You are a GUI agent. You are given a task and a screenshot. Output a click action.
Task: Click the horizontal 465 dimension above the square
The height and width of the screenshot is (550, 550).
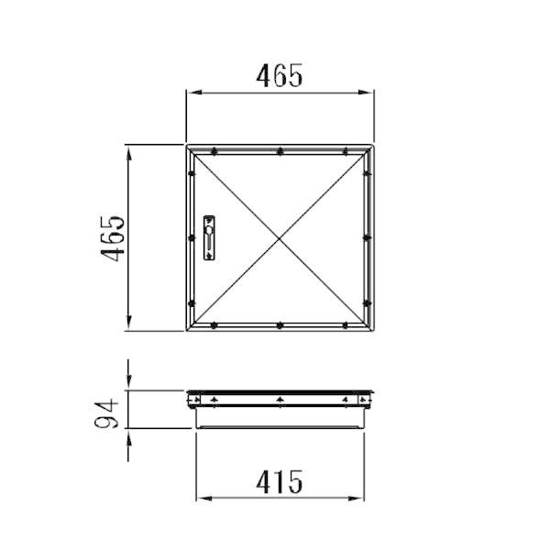click(280, 75)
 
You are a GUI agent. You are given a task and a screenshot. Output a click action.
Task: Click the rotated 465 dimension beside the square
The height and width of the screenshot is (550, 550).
click(113, 238)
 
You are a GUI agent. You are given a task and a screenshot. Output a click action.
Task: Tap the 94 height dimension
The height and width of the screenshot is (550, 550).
click(106, 413)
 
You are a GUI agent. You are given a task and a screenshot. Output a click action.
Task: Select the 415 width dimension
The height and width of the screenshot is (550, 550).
click(280, 481)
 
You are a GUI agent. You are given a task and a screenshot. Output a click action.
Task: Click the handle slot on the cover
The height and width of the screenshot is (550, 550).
click(209, 237)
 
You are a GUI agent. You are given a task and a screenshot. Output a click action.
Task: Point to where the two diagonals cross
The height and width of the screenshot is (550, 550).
click(280, 238)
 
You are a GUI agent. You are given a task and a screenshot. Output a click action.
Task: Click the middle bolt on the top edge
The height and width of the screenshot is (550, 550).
click(280, 151)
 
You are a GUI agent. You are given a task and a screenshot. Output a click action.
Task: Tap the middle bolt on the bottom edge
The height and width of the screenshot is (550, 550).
click(280, 325)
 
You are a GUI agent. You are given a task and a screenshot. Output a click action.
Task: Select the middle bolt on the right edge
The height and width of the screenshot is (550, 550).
click(367, 237)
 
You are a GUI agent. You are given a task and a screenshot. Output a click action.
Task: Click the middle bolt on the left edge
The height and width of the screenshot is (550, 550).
click(192, 237)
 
